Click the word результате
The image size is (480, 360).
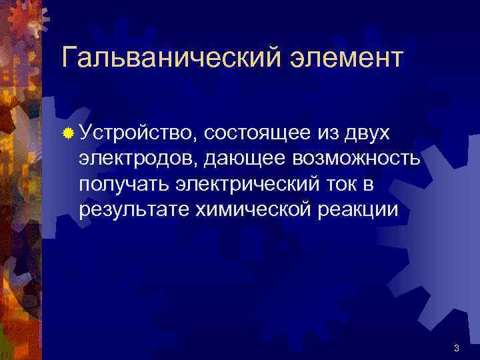[x=133, y=211]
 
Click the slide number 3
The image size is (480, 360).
[x=456, y=348]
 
